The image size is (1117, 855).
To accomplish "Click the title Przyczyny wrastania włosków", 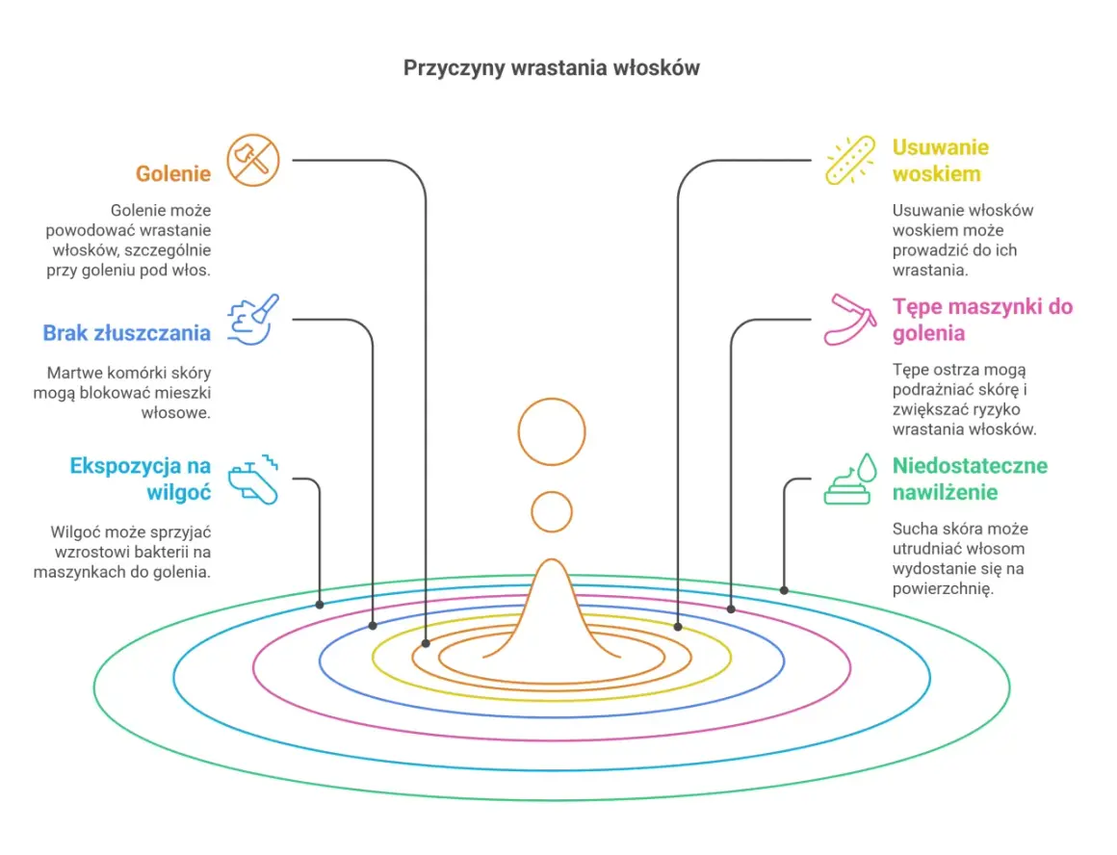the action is pyautogui.click(x=552, y=67).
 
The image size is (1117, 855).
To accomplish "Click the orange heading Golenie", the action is pyautogui.click(x=173, y=173).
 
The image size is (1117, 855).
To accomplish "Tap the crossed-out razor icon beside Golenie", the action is pyautogui.click(x=253, y=160).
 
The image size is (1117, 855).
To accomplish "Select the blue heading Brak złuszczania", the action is pyautogui.click(x=127, y=333).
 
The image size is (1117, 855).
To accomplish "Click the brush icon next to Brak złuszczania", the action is pyautogui.click(x=253, y=320).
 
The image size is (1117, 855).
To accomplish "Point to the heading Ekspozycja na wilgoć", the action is pyautogui.click(x=141, y=479).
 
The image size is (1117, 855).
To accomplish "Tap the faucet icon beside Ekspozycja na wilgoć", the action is pyautogui.click(x=253, y=479).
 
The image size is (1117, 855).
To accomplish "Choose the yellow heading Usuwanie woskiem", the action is pyautogui.click(x=941, y=160).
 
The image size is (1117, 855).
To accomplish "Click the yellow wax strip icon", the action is pyautogui.click(x=850, y=160).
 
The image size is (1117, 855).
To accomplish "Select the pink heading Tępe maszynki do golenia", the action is pyautogui.click(x=982, y=320).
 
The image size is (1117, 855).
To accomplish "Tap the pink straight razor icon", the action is pyautogui.click(x=850, y=320).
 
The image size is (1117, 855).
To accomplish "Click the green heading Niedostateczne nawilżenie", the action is pyautogui.click(x=970, y=479).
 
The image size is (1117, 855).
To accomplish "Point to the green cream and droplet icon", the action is pyautogui.click(x=850, y=479).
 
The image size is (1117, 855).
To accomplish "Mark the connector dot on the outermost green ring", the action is pyautogui.click(x=784, y=590).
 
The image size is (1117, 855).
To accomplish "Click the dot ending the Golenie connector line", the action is pyautogui.click(x=426, y=643).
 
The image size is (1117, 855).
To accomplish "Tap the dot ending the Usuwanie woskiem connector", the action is pyautogui.click(x=678, y=627).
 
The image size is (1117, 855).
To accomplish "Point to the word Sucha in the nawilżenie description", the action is pyautogui.click(x=912, y=529).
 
